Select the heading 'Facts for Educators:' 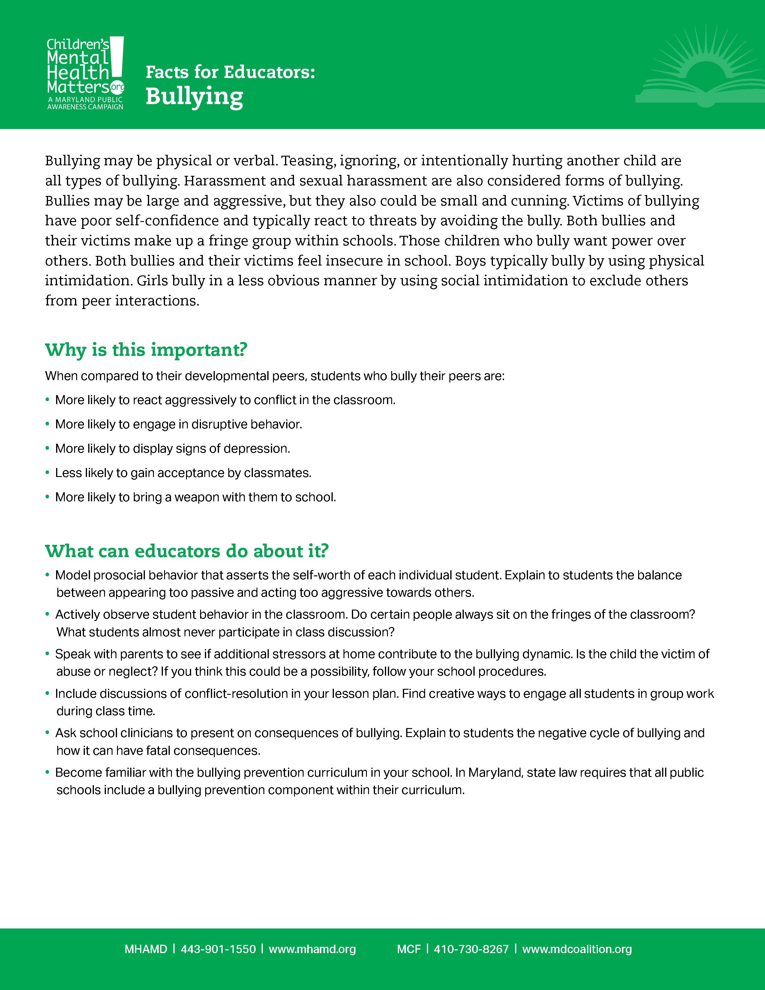[230, 72]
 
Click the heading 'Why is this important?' [146, 350]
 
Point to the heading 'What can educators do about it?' [187, 551]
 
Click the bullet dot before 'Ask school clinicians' [47, 733]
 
